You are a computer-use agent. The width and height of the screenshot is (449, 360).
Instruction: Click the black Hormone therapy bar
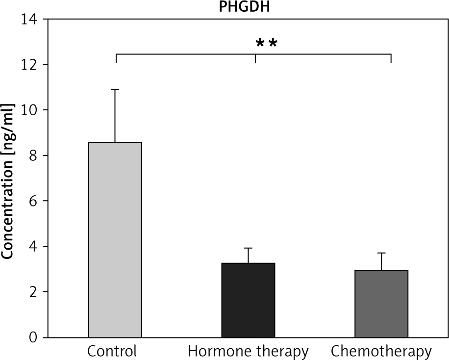click(x=249, y=300)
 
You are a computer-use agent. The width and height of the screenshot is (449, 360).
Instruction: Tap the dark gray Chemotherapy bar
click(x=382, y=304)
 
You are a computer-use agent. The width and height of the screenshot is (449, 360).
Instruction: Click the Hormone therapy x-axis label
click(x=249, y=351)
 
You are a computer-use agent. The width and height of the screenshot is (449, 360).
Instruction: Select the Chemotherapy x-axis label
click(x=381, y=351)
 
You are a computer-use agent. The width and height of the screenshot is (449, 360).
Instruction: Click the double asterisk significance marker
click(x=267, y=44)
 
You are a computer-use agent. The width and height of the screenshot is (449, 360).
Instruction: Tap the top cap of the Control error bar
click(x=115, y=89)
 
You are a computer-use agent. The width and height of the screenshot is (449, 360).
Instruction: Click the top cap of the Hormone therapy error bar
click(x=249, y=248)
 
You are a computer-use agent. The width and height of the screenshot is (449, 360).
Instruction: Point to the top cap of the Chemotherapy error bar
click(x=382, y=253)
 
